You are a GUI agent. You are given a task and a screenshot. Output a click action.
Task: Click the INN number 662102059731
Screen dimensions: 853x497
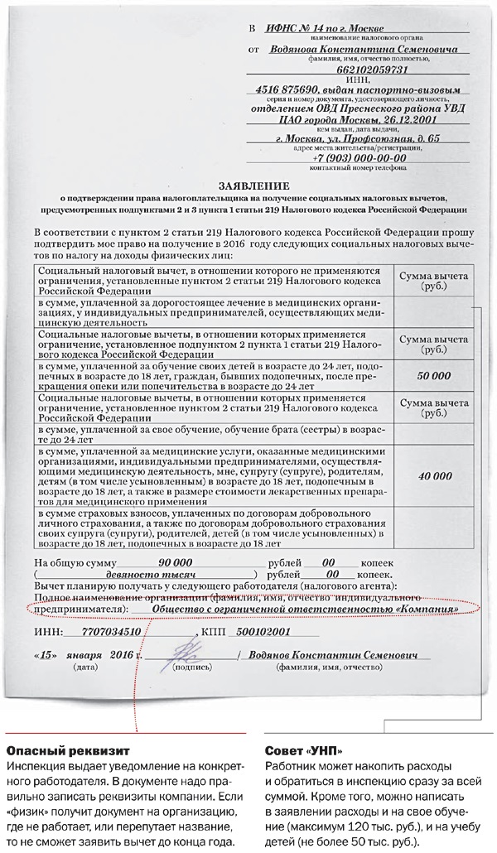[x=362, y=70]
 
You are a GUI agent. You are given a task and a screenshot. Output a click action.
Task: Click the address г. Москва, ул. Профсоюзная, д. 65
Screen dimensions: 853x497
[x=358, y=137]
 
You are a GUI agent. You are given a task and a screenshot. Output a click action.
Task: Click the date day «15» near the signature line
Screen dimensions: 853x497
[x=47, y=654]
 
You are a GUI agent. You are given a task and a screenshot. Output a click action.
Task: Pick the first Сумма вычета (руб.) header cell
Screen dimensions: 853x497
[x=435, y=281]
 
